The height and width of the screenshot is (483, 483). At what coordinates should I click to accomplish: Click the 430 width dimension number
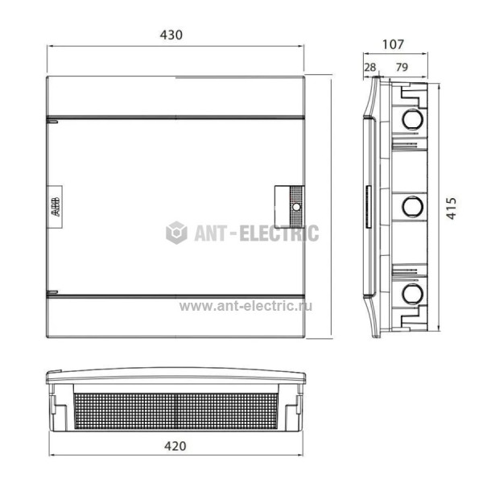coord(171,35)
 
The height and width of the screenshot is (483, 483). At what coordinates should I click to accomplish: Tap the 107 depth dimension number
coord(393,44)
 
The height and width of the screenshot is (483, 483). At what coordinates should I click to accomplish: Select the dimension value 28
coord(370,67)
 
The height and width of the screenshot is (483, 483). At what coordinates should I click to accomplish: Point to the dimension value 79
coord(402,67)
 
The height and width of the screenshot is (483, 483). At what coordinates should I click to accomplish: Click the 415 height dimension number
coord(452,208)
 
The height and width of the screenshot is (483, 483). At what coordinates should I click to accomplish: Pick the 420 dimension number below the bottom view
coord(175,446)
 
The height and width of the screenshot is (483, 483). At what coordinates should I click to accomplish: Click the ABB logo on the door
coord(55,207)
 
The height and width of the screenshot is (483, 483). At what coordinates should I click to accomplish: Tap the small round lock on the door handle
coord(296,207)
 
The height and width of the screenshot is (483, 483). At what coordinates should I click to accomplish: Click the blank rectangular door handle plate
coord(282,207)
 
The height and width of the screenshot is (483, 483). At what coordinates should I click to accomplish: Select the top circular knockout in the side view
coord(412,118)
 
